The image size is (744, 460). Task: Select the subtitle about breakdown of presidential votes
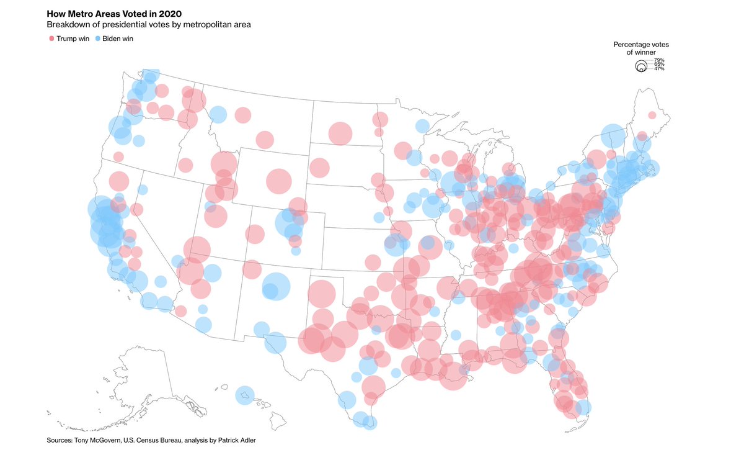[149, 25]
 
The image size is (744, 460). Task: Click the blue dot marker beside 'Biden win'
[98, 38]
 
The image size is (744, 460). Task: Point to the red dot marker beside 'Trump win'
[51, 38]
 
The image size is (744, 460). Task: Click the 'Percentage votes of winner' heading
[641, 48]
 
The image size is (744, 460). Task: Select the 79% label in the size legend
[659, 60]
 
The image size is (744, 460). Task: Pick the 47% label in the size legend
[659, 68]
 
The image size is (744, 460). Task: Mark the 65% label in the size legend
[659, 64]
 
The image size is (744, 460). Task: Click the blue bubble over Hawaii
[245, 395]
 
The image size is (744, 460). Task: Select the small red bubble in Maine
[652, 115]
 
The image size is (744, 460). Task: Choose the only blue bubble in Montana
[218, 114]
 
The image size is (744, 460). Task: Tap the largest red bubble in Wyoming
[279, 181]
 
